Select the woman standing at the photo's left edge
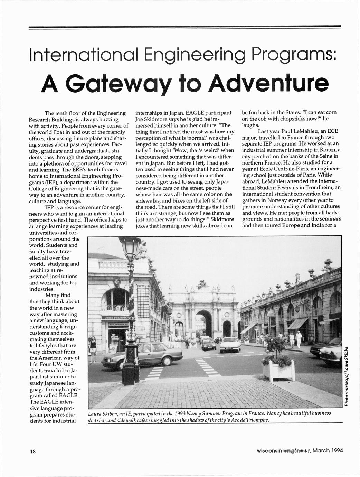[x=92, y=345]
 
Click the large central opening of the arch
[x=204, y=323]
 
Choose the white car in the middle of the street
[x=230, y=345]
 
